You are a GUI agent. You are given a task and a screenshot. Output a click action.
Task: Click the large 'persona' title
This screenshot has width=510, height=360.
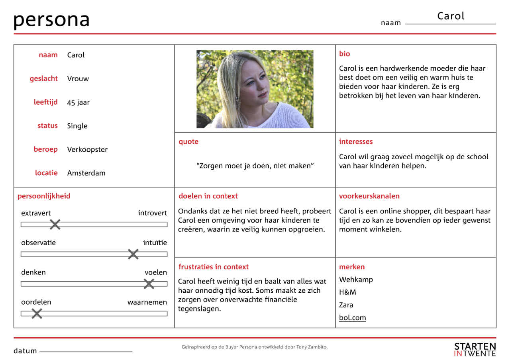click(x=51, y=20)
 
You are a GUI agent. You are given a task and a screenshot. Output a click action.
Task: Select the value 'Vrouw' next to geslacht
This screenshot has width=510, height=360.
click(x=78, y=79)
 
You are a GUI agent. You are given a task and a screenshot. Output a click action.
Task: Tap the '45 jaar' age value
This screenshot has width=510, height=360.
click(x=78, y=102)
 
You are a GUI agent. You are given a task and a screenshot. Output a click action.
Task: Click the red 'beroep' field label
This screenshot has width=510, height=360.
click(x=45, y=149)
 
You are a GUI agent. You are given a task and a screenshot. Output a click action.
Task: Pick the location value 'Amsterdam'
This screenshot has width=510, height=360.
click(x=86, y=173)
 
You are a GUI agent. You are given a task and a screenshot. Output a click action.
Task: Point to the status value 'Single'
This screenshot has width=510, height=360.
click(x=77, y=126)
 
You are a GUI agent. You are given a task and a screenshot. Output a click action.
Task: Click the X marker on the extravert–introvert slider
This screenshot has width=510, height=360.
click(x=55, y=225)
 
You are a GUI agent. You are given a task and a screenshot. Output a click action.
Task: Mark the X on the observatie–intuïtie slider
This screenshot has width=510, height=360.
click(x=133, y=254)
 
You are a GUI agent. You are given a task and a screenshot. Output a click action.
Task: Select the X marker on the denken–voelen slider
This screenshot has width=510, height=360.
click(x=149, y=284)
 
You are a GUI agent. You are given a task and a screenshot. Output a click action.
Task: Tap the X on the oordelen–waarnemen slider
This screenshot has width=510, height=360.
click(x=37, y=314)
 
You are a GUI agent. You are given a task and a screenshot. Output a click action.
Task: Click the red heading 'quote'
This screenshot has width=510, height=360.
click(x=188, y=142)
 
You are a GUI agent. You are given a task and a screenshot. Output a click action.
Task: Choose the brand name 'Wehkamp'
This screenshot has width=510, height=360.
click(x=356, y=280)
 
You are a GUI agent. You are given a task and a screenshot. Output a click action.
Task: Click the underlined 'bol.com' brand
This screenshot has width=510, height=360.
click(x=352, y=318)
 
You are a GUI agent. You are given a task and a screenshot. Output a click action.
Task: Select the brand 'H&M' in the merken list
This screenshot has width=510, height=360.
click(x=347, y=292)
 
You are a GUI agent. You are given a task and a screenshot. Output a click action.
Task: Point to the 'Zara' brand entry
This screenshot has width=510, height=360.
click(x=346, y=305)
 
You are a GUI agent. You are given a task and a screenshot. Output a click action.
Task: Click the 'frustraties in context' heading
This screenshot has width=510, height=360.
click(x=214, y=267)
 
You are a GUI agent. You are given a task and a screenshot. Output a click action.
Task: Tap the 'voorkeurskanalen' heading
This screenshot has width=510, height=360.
click(x=369, y=196)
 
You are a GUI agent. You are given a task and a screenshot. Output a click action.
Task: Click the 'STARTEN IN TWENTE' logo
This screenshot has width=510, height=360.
click(x=475, y=349)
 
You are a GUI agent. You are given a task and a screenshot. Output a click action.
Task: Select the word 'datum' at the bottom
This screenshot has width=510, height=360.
click(x=25, y=351)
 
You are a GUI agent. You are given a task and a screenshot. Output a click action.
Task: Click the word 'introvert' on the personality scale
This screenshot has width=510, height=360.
click(x=153, y=213)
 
